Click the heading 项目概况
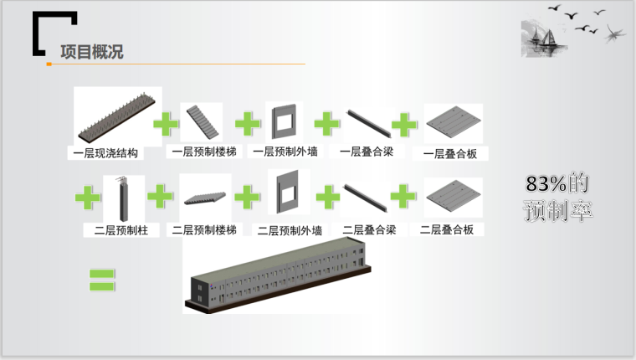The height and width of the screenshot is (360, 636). pos(92,52)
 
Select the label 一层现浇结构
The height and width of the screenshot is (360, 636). pos(105,153)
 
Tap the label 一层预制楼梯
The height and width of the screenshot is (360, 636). pos(204,152)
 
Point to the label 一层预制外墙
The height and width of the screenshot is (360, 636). pos(285,152)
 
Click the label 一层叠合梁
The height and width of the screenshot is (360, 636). pos(367,152)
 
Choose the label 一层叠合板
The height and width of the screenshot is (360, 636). pos(450,154)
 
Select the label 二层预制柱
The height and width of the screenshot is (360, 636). pos(121,230)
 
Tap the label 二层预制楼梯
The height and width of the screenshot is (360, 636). pos(204,229)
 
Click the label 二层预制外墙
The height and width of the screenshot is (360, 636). pos(290,230)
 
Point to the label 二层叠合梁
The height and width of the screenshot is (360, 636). pos(369,229)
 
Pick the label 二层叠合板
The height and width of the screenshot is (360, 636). pos(447,229)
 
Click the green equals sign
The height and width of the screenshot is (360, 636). pos(102,280)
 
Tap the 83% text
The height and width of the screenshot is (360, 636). pos(546,183)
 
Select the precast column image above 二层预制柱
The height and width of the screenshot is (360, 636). pos(123,198)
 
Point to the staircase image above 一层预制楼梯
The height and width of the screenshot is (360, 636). pos(203,121)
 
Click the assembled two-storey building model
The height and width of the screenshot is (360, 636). pos(278,275)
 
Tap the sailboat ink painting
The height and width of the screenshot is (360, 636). pos(543,38)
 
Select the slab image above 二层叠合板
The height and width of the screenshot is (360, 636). pos(454,197)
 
